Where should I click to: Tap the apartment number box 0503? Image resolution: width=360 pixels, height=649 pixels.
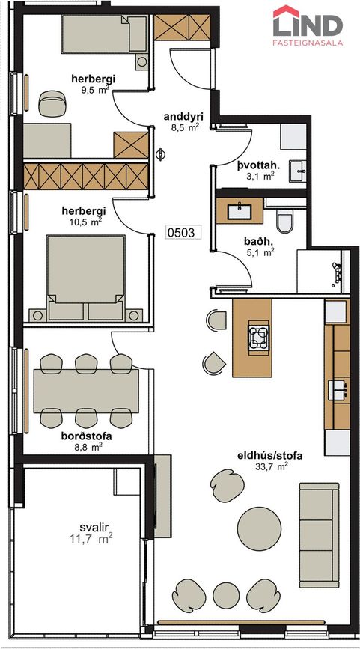point(182,232)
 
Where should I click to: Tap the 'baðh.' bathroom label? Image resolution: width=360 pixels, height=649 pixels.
point(259,241)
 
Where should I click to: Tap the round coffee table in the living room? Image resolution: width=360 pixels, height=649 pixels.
point(259,524)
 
